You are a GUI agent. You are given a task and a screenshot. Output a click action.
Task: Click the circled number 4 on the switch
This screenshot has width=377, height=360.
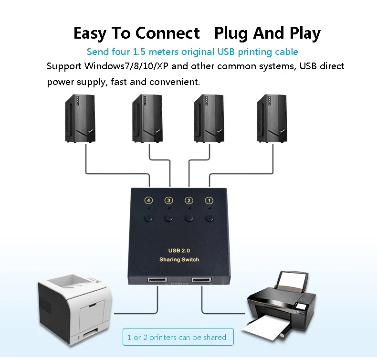(x=148, y=201)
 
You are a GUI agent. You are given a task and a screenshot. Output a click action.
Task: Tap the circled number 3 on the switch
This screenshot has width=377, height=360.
(x=169, y=201)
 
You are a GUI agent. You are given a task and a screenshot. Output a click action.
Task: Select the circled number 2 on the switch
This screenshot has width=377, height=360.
(x=189, y=201)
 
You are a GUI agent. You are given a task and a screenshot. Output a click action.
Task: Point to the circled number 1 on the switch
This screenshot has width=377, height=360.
(x=209, y=201)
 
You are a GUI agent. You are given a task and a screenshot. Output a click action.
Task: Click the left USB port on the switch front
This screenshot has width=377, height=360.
(x=157, y=280)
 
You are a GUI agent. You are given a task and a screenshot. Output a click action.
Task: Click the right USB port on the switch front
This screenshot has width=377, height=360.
(x=201, y=280)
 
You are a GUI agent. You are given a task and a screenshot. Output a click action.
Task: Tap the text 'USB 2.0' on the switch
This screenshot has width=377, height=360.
(x=179, y=251)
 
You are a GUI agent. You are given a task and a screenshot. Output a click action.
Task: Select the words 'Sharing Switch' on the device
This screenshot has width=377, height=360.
(x=179, y=259)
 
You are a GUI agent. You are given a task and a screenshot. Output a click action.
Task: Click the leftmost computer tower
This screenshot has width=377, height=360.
(x=80, y=118)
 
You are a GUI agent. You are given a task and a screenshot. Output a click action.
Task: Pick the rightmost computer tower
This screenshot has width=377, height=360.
(x=272, y=118)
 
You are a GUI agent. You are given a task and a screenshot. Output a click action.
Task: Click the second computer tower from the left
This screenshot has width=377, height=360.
(x=147, y=118)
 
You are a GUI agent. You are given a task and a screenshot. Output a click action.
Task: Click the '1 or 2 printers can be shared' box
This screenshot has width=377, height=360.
(x=178, y=337)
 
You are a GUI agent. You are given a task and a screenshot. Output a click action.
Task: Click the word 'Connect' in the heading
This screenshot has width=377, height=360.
(x=168, y=33)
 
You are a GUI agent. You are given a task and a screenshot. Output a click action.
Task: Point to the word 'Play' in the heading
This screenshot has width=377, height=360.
(x=305, y=34)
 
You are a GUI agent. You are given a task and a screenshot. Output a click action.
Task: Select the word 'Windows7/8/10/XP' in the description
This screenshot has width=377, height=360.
(x=126, y=66)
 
